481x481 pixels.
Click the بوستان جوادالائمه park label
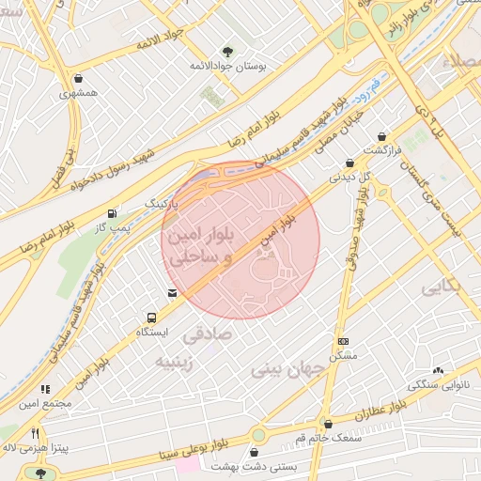229,68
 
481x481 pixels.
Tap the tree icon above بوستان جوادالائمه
228,51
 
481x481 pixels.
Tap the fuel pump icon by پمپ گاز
114,212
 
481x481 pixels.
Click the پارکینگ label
161,203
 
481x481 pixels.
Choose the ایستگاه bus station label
152,334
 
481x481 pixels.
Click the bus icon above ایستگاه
151,318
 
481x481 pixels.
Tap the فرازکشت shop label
383,150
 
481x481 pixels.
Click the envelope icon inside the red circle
171,293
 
